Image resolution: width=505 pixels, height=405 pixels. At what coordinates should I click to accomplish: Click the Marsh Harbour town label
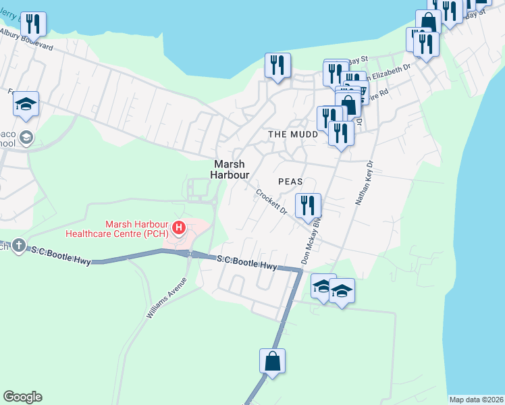[229, 169]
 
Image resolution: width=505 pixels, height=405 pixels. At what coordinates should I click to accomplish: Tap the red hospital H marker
[179, 227]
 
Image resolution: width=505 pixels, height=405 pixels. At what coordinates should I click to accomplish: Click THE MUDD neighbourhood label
[294, 134]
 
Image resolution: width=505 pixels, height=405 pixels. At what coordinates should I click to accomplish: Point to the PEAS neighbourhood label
[290, 182]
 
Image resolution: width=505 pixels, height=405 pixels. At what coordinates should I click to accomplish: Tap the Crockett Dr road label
[271, 202]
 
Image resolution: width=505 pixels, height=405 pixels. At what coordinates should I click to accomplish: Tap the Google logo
[22, 397]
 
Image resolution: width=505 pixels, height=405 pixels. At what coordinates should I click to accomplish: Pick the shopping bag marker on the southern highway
[272, 361]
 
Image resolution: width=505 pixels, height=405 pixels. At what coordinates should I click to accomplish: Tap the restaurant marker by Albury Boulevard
[33, 24]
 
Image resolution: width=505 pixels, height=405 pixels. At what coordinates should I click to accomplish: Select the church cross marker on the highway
[18, 244]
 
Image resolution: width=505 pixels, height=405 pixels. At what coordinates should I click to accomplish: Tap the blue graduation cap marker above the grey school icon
[26, 104]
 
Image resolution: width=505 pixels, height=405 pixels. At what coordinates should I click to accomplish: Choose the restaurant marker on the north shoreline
[277, 65]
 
